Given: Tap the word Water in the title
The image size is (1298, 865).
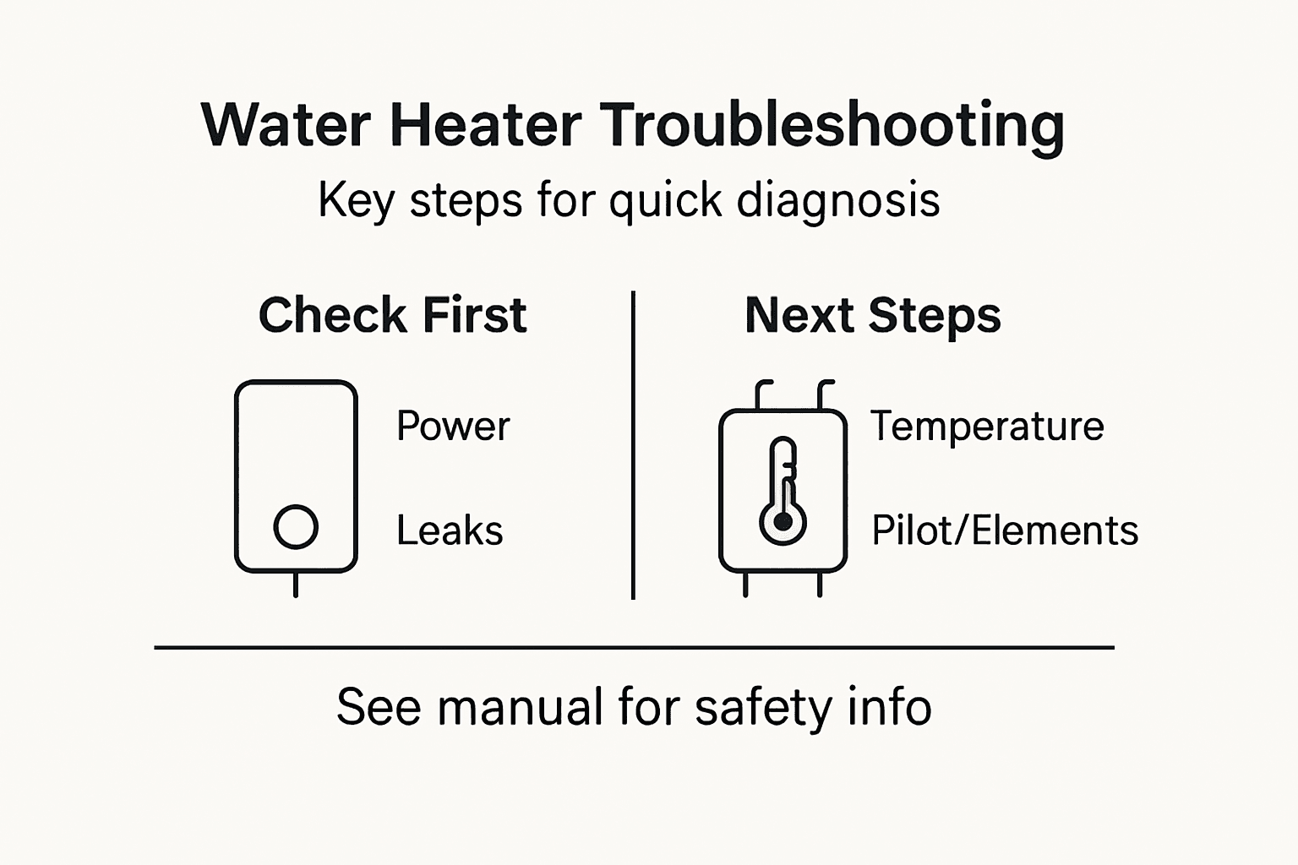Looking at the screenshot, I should click(286, 125).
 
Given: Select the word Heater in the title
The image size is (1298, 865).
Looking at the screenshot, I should click(485, 125).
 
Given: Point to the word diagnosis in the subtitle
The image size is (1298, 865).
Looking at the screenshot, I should click(837, 201).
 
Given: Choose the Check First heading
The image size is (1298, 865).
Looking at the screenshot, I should click(392, 315).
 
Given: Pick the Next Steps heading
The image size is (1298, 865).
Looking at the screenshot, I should click(872, 315).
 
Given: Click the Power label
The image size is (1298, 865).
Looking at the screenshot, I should click(453, 426).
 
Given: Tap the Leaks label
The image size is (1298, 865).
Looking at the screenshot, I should click(450, 530).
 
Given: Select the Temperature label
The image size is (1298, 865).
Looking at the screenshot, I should click(987, 426).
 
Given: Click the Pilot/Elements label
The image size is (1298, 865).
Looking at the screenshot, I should click(1005, 530).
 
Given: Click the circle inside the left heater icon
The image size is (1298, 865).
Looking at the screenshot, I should click(296, 527).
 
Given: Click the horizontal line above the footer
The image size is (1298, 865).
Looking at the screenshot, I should click(634, 648).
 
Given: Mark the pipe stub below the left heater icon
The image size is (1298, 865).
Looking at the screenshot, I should click(295, 585).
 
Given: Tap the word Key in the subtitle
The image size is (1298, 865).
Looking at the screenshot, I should click(355, 201).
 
